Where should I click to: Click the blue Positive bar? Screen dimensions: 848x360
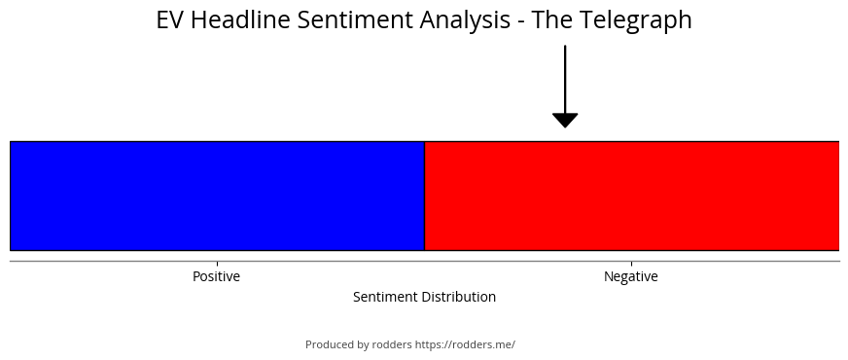(218, 196)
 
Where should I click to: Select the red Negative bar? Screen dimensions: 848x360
(632, 196)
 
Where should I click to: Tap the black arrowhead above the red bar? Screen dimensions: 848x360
(565, 120)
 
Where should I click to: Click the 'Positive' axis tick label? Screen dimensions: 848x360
(216, 276)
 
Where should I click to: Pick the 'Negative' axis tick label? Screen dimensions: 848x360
(631, 276)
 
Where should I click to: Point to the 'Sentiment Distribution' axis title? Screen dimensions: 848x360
(425, 297)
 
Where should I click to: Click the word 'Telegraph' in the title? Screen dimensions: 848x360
(636, 20)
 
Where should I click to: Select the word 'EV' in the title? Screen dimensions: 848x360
(170, 20)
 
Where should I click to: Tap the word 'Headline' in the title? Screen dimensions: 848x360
(240, 20)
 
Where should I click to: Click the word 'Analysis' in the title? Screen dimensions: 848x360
(465, 20)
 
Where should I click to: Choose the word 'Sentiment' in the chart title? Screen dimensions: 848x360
(355, 20)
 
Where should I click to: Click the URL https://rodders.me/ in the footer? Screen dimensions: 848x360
(465, 344)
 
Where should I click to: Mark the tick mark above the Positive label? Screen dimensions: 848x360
(217, 264)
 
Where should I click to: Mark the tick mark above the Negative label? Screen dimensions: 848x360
(631, 264)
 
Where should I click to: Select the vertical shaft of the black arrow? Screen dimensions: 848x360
(565, 80)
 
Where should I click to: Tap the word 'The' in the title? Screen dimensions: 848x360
(552, 20)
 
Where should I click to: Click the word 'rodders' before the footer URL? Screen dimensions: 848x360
(392, 344)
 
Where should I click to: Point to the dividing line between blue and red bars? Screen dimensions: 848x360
(425, 196)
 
